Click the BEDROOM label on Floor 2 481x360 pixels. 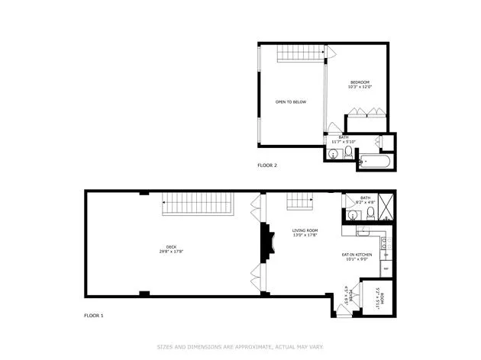(x=360, y=82)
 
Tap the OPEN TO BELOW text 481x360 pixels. (x=291, y=101)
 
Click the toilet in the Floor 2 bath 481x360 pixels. (x=348, y=153)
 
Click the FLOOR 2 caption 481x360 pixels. (x=267, y=166)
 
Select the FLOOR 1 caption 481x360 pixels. (x=92, y=315)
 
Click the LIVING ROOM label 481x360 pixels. (x=305, y=230)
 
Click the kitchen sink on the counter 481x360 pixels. (x=386, y=244)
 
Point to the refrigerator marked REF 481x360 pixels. (x=386, y=268)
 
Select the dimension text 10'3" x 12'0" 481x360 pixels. (x=360, y=87)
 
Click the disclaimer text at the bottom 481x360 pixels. (x=240, y=346)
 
